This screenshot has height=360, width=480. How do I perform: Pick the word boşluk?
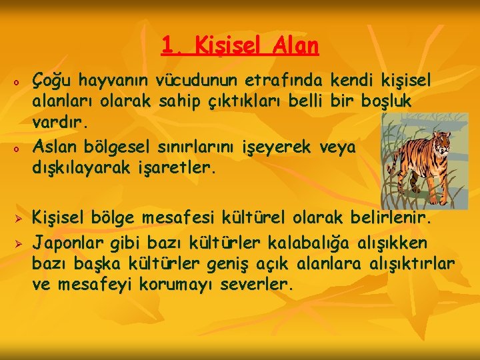[386, 103]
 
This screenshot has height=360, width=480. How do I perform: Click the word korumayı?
[177, 285]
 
